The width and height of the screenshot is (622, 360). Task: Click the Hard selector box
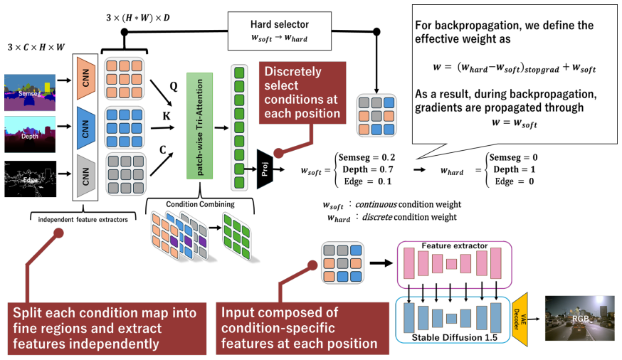[280, 31]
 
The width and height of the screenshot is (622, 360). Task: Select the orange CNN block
[86, 78]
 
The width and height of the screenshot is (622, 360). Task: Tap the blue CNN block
[86, 127]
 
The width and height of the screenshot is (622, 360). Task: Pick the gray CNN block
[86, 176]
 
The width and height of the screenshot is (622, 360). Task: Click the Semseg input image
[30, 92]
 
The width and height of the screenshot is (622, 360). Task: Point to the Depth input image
[30, 134]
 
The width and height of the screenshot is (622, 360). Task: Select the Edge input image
[30, 179]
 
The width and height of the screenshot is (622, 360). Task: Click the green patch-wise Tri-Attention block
[199, 126]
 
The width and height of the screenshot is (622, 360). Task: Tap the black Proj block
[265, 169]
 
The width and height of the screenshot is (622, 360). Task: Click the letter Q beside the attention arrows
[174, 86]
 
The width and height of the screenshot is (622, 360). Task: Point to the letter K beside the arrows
[167, 116]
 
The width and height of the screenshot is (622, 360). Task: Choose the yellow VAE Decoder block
[520, 319]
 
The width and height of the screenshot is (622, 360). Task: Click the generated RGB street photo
[579, 318]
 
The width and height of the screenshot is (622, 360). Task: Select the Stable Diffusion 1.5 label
[454, 337]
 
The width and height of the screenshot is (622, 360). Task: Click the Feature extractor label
[455, 246]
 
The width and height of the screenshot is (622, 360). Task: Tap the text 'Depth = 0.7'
[368, 169]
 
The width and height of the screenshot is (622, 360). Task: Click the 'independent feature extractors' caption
[83, 220]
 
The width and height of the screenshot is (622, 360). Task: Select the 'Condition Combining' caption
[200, 204]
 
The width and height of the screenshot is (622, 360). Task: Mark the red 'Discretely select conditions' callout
[302, 92]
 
